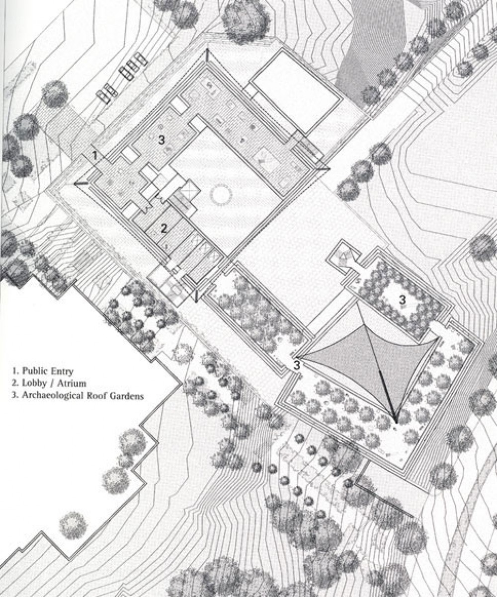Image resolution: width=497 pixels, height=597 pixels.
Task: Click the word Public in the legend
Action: tap(35, 371)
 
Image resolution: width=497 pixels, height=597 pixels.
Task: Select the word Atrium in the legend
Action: tap(73, 383)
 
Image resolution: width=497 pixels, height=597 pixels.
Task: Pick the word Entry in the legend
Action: tap(62, 371)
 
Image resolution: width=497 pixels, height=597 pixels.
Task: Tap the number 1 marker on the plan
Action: tap(95, 155)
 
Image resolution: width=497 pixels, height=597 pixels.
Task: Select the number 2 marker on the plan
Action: tap(164, 228)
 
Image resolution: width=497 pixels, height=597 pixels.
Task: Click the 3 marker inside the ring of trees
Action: tap(402, 299)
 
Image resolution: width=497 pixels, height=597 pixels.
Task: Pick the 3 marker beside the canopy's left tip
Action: tap(297, 366)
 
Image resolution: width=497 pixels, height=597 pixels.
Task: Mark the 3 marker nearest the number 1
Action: tap(162, 140)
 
